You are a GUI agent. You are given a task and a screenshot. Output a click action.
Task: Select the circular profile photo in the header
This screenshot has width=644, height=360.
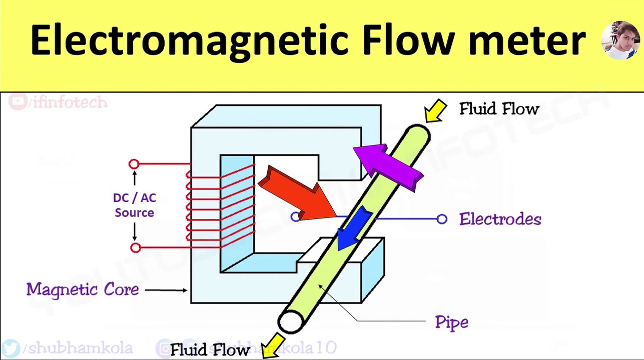(620, 40)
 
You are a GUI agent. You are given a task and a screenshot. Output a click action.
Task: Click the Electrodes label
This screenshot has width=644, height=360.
(500, 219)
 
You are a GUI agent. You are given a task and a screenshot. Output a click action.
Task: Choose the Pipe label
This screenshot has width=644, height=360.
(451, 322)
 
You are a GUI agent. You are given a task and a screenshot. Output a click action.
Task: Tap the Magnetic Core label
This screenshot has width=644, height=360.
(83, 289)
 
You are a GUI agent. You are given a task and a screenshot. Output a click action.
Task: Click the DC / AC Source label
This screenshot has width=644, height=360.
(134, 205)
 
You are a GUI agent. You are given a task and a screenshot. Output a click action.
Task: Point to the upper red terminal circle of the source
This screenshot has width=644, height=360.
(134, 164)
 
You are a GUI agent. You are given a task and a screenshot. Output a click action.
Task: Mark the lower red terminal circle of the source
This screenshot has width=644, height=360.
(135, 247)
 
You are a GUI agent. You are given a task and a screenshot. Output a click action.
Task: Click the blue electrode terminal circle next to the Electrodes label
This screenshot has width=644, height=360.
(442, 218)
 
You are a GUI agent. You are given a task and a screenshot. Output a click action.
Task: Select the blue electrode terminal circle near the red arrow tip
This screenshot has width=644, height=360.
(295, 216)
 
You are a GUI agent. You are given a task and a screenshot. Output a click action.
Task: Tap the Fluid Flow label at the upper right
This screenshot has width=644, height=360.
(499, 109)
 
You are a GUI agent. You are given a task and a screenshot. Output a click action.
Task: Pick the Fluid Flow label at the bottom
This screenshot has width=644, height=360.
(210, 349)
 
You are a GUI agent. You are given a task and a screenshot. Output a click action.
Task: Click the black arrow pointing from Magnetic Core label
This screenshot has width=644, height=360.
(167, 289)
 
